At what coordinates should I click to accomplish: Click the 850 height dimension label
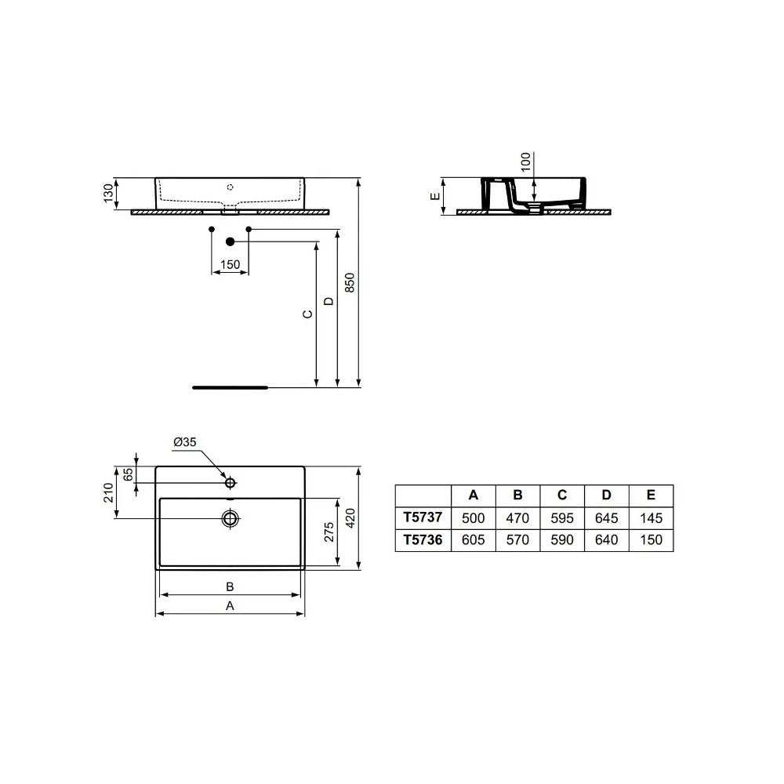click(350, 282)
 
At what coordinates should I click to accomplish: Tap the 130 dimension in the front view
click(109, 194)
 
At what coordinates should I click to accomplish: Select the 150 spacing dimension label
click(230, 265)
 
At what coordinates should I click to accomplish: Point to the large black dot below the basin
click(230, 241)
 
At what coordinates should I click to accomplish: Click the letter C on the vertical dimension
click(308, 314)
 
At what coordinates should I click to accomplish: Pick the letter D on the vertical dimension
click(329, 301)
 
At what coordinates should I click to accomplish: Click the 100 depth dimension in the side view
click(526, 162)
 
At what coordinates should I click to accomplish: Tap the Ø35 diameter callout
click(184, 442)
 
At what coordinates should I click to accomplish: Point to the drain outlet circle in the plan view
click(230, 517)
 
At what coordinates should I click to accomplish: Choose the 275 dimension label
click(329, 532)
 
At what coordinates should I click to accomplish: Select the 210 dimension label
click(109, 492)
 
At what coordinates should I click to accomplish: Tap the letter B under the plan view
click(230, 586)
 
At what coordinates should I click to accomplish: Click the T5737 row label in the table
click(423, 517)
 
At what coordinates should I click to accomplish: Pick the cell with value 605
click(473, 539)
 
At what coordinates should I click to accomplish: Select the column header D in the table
click(606, 495)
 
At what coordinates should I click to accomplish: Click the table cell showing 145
click(651, 517)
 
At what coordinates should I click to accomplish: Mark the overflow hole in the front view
click(230, 187)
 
